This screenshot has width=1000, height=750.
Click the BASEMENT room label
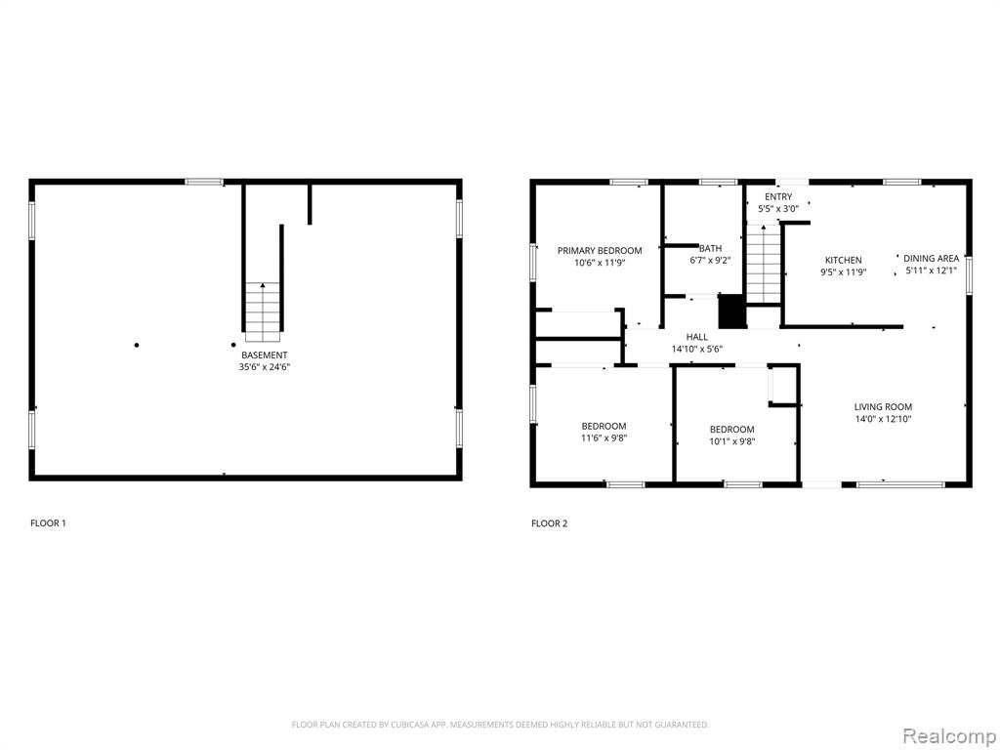[x=264, y=355]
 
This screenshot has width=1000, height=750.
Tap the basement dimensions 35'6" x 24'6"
[x=265, y=367]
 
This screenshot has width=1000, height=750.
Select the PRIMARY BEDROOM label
[x=600, y=251]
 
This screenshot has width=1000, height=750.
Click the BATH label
[x=711, y=249]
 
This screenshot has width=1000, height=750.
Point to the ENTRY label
[x=778, y=197]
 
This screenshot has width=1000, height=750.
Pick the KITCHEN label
[x=843, y=260]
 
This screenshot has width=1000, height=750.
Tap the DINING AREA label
[x=931, y=258]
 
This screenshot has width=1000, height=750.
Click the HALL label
[x=697, y=337]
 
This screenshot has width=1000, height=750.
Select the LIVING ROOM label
[x=883, y=407]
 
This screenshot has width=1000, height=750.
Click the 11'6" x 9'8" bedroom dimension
[x=604, y=438]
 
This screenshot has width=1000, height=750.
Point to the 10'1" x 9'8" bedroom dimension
[x=732, y=441]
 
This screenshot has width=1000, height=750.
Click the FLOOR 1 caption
[x=48, y=523]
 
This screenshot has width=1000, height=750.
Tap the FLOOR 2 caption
[x=549, y=523]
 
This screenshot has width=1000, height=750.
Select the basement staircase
[x=263, y=312]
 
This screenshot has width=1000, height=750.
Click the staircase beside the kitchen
[x=764, y=264]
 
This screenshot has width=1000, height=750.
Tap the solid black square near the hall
[x=732, y=312]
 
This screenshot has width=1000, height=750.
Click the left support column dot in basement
[x=137, y=345]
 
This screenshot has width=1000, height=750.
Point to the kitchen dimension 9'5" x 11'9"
[x=843, y=272]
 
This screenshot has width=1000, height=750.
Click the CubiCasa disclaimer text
[x=500, y=725]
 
